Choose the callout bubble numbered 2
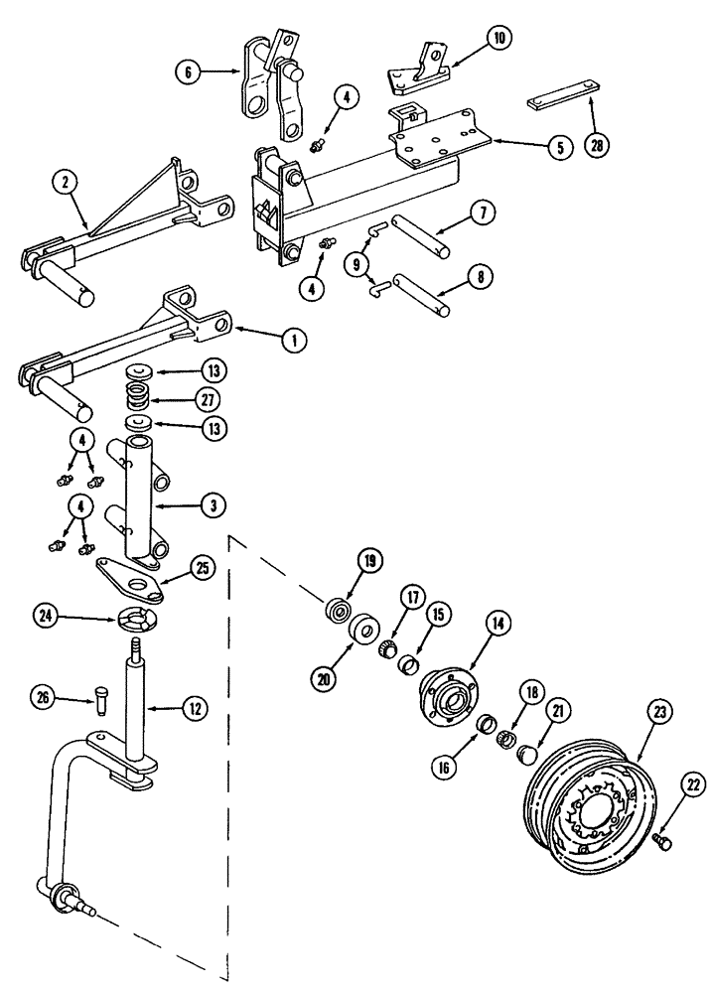(x=65, y=185)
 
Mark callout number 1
(x=292, y=340)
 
